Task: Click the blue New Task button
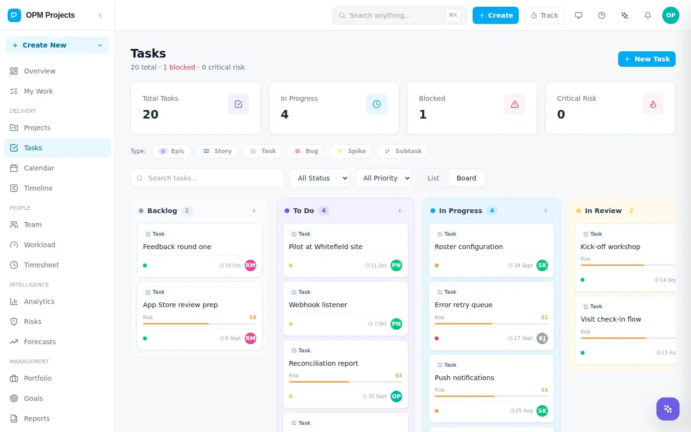pyautogui.click(x=646, y=59)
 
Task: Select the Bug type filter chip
pyautogui.click(x=305, y=151)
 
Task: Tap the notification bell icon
pyautogui.click(x=647, y=15)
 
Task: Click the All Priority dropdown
pyautogui.click(x=383, y=178)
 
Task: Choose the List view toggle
pyautogui.click(x=433, y=178)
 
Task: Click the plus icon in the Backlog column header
pyautogui.click(x=254, y=211)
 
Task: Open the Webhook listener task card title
pyautogui.click(x=318, y=304)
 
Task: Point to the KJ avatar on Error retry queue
pyautogui.click(x=542, y=338)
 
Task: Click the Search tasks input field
pyautogui.click(x=207, y=178)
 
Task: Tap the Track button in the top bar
pyautogui.click(x=544, y=15)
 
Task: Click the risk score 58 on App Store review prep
pyautogui.click(x=252, y=317)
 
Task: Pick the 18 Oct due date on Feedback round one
pyautogui.click(x=230, y=265)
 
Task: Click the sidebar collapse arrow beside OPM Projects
pyautogui.click(x=100, y=15)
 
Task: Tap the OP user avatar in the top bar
pyautogui.click(x=671, y=15)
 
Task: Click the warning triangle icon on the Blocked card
pyautogui.click(x=514, y=104)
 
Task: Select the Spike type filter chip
pyautogui.click(x=350, y=151)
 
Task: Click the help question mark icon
pyautogui.click(x=602, y=15)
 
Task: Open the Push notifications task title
pyautogui.click(x=465, y=378)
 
